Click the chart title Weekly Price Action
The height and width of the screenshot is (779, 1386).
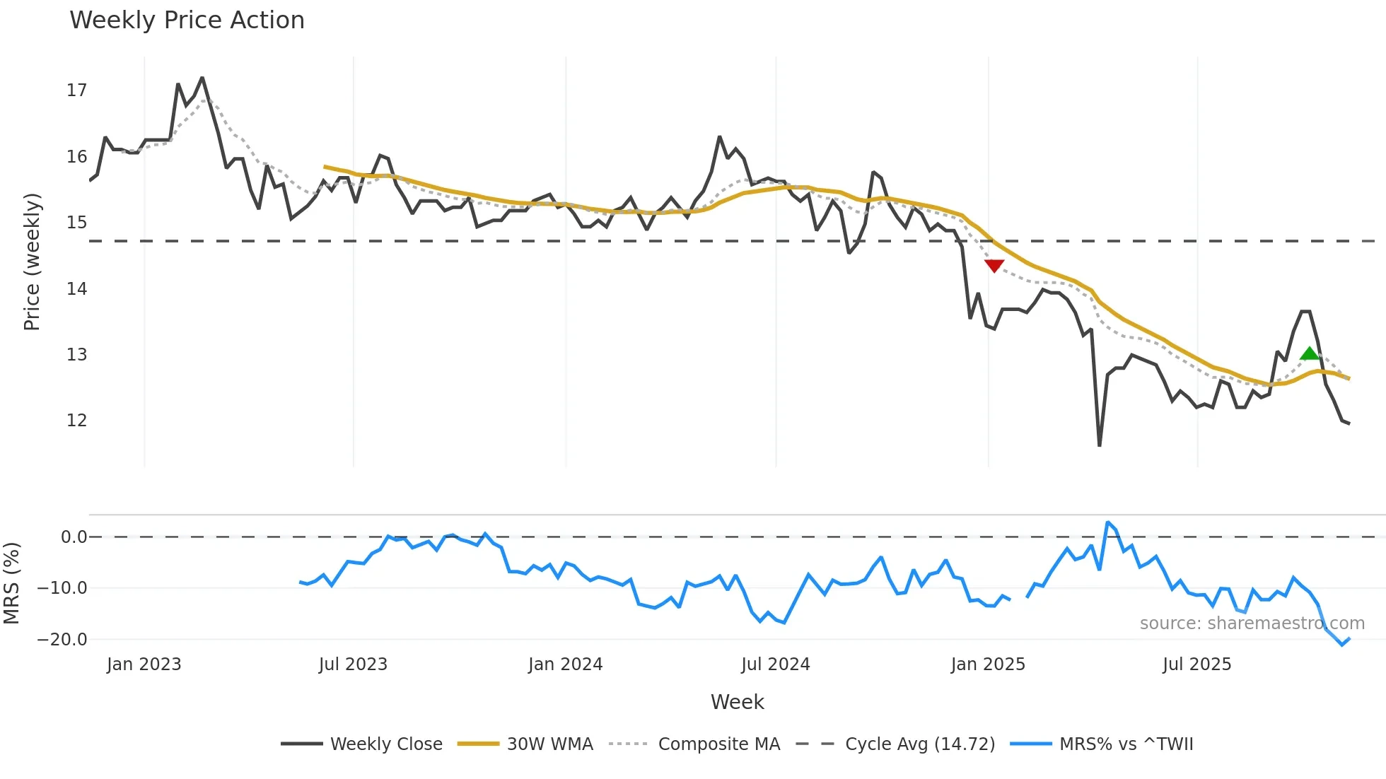(187, 20)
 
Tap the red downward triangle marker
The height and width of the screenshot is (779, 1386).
(994, 266)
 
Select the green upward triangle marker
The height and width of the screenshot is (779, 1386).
(1310, 353)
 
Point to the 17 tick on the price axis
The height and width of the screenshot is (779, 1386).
(76, 90)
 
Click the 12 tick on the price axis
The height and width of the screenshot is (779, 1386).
(76, 421)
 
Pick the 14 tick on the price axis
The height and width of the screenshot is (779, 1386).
(76, 288)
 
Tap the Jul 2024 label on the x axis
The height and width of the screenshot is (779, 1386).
(775, 664)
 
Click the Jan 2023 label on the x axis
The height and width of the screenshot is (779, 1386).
(144, 664)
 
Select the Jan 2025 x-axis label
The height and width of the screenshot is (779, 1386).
(987, 664)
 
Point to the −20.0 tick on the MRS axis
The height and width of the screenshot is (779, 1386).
(62, 640)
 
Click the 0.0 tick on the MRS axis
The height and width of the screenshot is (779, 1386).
(74, 537)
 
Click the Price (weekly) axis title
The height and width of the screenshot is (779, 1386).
(32, 262)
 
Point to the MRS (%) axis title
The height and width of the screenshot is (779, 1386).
(11, 583)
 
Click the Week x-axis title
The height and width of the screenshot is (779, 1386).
(737, 702)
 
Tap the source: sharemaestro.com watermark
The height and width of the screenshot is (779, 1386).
(1252, 623)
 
